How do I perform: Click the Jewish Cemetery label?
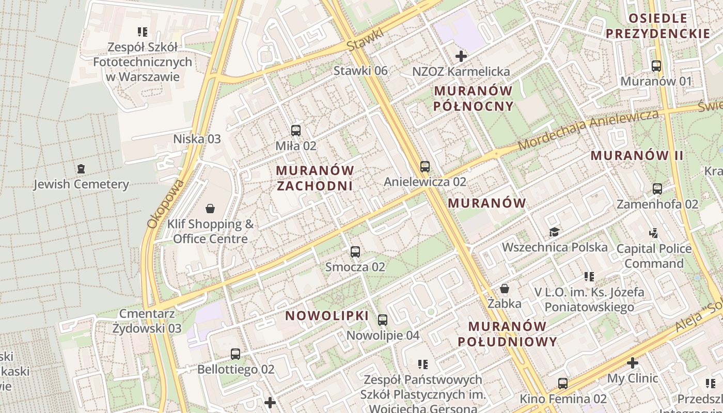click(81, 184)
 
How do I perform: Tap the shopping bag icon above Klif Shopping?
click(210, 209)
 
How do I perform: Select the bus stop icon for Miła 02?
click(296, 131)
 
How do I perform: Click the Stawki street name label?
click(366, 39)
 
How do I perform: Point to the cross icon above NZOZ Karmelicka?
click(461, 56)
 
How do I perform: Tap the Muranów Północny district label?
click(474, 99)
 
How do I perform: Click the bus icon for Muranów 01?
click(656, 66)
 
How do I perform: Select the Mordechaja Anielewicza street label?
click(589, 129)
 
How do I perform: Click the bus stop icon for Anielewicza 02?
click(425, 166)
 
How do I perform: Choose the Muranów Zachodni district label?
click(315, 178)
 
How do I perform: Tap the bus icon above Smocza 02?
click(355, 252)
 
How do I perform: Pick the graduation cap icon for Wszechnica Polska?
click(554, 232)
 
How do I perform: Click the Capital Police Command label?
click(654, 256)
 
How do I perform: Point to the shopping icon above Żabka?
click(505, 289)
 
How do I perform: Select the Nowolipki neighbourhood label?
click(327, 316)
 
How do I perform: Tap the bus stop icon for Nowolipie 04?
click(383, 320)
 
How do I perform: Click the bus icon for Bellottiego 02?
click(235, 354)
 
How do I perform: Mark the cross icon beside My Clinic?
click(632, 363)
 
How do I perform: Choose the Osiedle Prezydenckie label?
click(658, 26)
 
